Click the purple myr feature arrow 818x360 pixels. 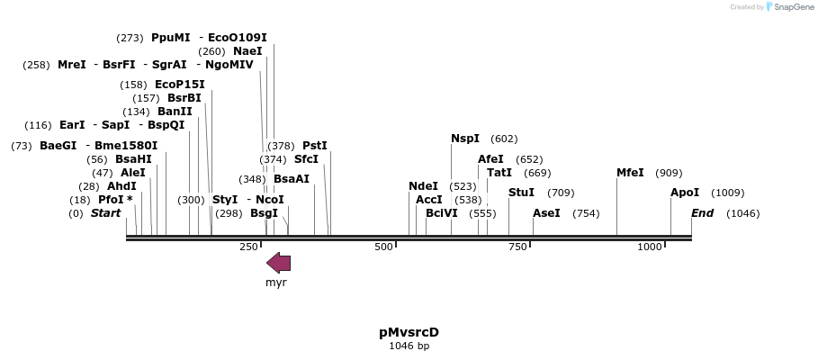coord(279,262)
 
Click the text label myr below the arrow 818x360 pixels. coord(275,283)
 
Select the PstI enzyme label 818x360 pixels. coord(314,146)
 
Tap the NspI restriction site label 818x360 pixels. coord(465,139)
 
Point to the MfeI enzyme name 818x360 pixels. coord(630,173)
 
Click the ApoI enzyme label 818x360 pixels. coord(685,193)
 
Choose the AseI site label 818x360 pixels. coord(546,213)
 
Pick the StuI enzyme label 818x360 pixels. coord(521,193)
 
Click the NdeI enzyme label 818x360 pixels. coord(423,186)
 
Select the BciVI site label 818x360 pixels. coord(441,213)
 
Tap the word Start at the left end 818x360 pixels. coord(105,213)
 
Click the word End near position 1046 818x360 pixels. coord(702,213)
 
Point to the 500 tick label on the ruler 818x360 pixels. coord(384,247)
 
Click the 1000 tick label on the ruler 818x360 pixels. coord(650,247)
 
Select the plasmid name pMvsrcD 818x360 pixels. coord(409,332)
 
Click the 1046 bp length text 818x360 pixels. coord(409,346)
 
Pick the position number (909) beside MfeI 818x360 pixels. coord(669,173)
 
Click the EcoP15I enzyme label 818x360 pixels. coord(179,85)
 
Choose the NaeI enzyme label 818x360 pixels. coord(247,51)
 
